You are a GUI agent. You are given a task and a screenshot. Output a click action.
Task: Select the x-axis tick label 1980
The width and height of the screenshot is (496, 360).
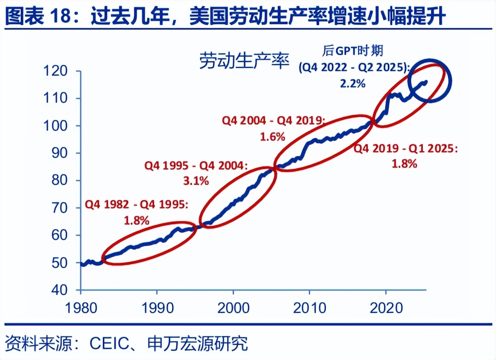[81, 308]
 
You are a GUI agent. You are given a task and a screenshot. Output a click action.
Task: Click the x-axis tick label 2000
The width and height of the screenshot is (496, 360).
[233, 308]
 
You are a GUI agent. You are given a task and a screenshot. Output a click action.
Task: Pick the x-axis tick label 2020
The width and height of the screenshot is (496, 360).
[386, 308]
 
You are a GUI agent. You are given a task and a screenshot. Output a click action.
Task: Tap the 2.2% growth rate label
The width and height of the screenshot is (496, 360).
[352, 83]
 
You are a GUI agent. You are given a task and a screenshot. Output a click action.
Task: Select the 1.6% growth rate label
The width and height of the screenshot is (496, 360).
[272, 137]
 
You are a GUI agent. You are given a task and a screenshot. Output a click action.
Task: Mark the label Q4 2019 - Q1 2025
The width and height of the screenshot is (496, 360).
[405, 149]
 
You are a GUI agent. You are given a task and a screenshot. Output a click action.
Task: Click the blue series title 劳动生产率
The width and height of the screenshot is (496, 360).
[244, 61]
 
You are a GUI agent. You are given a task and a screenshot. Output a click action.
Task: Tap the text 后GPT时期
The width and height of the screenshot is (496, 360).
[353, 50]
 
